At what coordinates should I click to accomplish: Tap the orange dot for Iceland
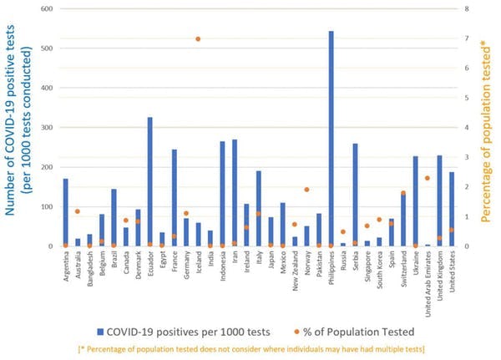(198, 39)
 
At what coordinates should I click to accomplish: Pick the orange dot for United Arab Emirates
(428, 178)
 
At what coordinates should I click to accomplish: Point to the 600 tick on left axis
(47, 9)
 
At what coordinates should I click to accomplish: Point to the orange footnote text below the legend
(250, 347)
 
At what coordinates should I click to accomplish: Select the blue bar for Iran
(234, 193)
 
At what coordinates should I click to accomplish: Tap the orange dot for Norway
(306, 190)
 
